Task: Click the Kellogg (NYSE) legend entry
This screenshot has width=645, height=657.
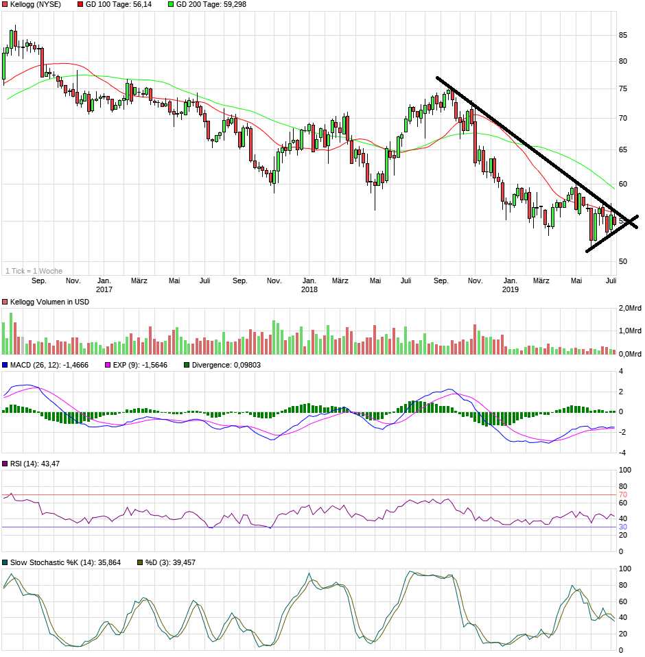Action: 35,4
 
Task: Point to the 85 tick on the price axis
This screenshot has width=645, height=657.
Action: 623,35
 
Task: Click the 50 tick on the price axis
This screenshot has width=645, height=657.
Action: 623,261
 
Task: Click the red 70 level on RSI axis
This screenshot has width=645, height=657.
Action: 623,494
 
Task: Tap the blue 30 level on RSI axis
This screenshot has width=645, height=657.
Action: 623,527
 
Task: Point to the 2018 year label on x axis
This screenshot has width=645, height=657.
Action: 309,289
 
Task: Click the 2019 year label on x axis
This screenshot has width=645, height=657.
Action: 510,289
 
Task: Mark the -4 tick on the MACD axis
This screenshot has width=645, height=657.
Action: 622,453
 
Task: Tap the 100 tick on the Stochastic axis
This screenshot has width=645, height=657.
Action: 625,569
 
